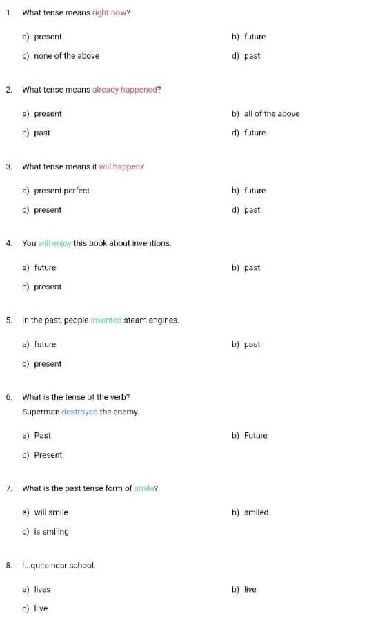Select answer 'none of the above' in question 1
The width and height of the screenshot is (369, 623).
66,56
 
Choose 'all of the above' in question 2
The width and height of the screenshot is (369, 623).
272,114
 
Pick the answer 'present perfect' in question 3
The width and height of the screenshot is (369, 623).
61,191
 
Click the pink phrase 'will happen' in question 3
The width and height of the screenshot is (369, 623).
119,166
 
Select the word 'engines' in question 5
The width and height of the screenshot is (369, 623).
164,320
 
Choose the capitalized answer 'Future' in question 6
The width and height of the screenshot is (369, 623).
255,436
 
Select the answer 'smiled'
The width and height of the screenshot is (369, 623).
256,512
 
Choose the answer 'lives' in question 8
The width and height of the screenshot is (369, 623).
42,590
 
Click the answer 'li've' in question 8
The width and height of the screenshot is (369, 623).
41,608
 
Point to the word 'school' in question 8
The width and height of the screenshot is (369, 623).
82,566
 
